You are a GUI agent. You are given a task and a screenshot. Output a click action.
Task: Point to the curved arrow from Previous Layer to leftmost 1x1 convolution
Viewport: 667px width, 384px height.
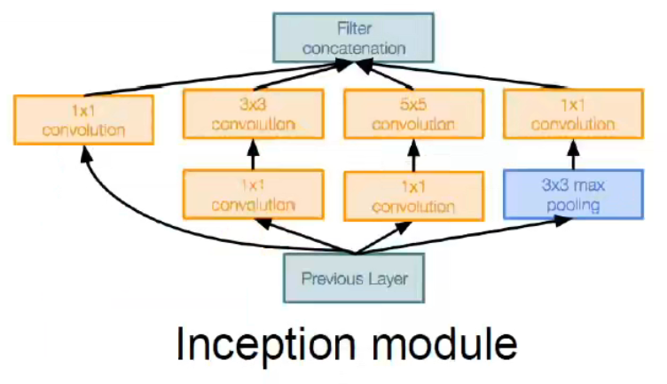coord(133,213)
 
